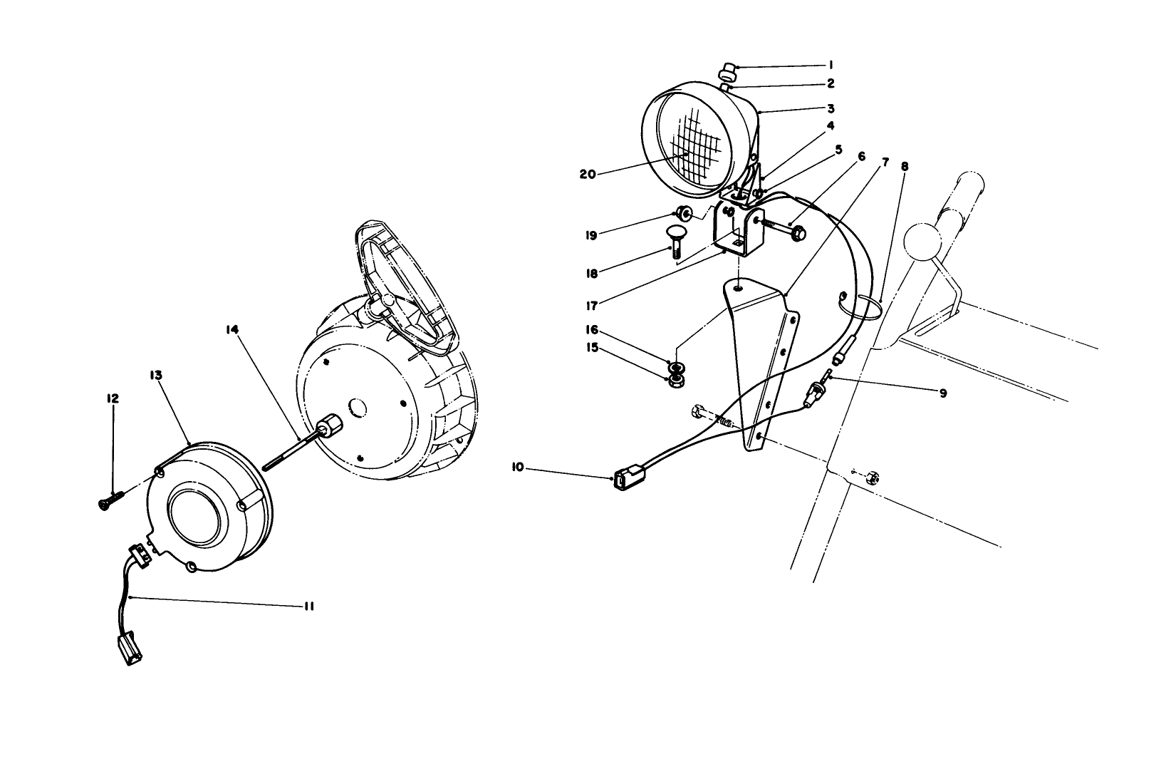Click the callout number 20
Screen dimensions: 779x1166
click(587, 173)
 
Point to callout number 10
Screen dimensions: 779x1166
click(517, 467)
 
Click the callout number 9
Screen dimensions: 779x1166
click(942, 392)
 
